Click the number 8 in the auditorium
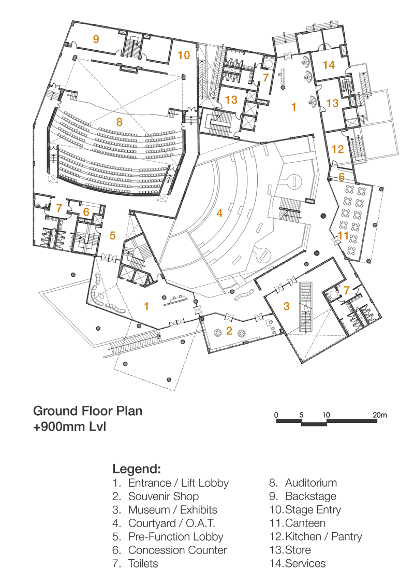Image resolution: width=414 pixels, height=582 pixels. (x=120, y=122)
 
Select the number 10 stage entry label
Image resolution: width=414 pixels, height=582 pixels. (x=184, y=54)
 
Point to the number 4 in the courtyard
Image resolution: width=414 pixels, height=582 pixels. (x=219, y=212)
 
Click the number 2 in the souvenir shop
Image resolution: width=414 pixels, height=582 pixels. (x=229, y=331)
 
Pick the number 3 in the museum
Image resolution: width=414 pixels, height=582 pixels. (x=286, y=306)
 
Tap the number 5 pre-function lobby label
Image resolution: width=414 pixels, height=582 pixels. (x=113, y=235)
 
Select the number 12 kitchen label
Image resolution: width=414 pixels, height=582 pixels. (x=337, y=149)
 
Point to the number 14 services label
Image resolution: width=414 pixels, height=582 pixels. (x=329, y=65)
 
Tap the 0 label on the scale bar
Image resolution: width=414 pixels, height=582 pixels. (x=277, y=415)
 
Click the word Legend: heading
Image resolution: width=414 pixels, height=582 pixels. (x=137, y=470)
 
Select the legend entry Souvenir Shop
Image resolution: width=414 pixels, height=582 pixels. (x=163, y=496)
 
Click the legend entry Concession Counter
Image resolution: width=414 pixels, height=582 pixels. (x=177, y=550)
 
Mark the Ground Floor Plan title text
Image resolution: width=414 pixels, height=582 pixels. (x=87, y=411)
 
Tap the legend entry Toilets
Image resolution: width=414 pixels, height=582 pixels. (x=143, y=563)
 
